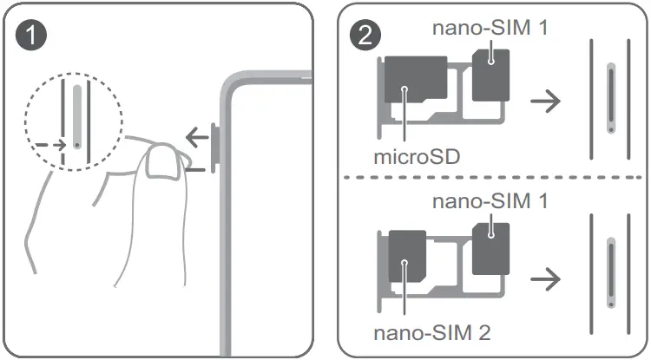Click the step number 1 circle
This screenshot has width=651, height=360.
(x=32, y=36)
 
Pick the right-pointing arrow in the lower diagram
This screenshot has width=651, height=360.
(x=545, y=278)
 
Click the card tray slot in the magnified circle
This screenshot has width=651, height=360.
(x=79, y=117)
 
